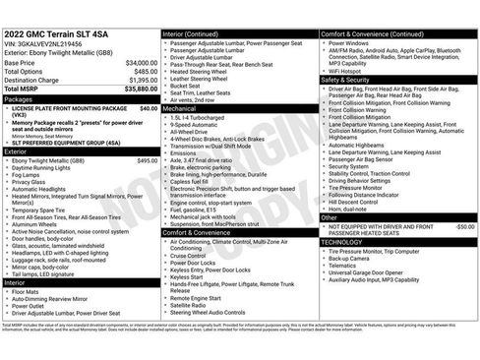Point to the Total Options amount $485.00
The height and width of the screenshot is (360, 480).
coord(145,72)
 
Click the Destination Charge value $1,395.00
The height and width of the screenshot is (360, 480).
coord(142,81)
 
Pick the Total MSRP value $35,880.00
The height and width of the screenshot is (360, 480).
coord(139,90)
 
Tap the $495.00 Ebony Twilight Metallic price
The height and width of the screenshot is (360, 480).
coord(147,160)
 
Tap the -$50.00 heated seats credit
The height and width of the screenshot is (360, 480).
coord(464,226)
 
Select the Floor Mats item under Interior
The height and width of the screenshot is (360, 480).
coord(28,291)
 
